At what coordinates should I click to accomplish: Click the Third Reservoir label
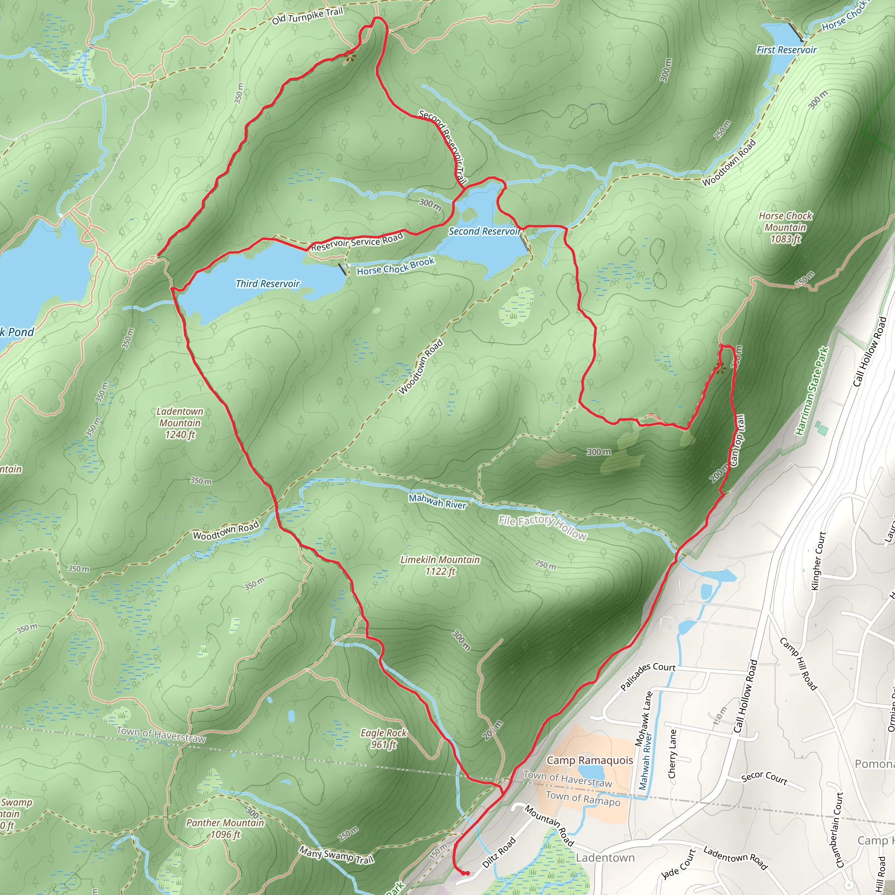click(x=267, y=284)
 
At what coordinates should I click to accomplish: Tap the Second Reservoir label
click(x=484, y=231)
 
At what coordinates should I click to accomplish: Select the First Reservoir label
click(x=786, y=49)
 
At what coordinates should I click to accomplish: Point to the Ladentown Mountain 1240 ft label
click(x=180, y=423)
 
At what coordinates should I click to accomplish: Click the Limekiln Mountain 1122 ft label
click(x=440, y=565)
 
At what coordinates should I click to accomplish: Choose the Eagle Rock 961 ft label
click(x=384, y=739)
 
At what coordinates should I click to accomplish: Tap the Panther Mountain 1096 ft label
click(x=225, y=828)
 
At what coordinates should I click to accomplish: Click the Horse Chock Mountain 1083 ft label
click(x=785, y=227)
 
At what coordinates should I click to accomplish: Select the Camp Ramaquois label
click(x=590, y=760)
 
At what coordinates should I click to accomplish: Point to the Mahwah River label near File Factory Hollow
click(x=437, y=501)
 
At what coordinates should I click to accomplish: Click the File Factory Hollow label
click(x=542, y=527)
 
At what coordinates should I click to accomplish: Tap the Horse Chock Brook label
click(x=395, y=267)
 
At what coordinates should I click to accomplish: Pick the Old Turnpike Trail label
click(x=307, y=16)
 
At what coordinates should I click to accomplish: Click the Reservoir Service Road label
click(x=357, y=242)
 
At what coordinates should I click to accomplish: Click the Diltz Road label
click(x=499, y=852)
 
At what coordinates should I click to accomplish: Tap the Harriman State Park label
click(x=812, y=391)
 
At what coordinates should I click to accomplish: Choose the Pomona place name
click(x=874, y=764)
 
